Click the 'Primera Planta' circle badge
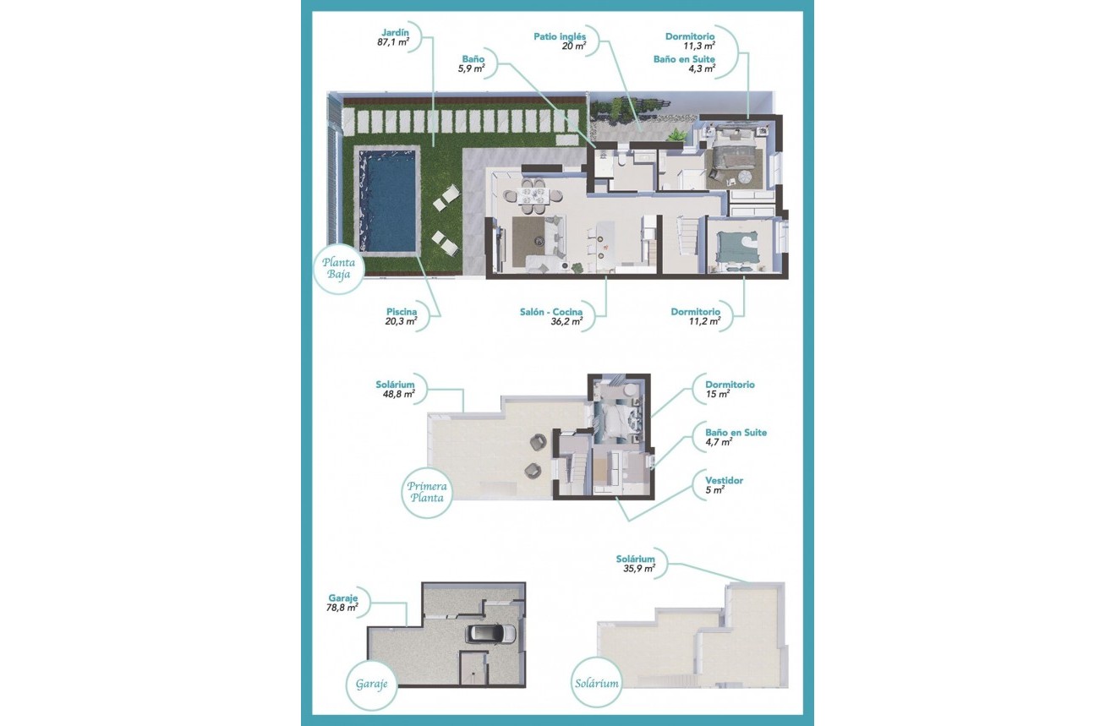pyautogui.click(x=427, y=492)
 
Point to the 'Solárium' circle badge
pyautogui.click(x=595, y=683)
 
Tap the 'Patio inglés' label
pyautogui.click(x=560, y=36)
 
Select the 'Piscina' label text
pyautogui.click(x=401, y=310)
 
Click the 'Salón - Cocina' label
pyautogui.click(x=551, y=312)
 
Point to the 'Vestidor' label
pyautogui.click(x=724, y=480)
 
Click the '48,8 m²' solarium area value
pyautogui.click(x=397, y=394)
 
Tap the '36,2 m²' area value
pyautogui.click(x=566, y=321)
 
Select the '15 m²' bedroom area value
pyautogui.click(x=717, y=394)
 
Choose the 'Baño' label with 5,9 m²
pyautogui.click(x=473, y=59)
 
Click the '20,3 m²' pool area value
pyautogui.click(x=401, y=321)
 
